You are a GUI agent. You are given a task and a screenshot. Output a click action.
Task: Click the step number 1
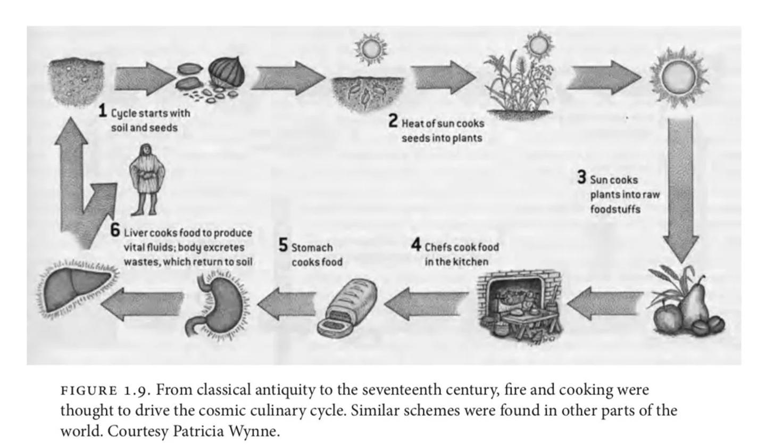tap(103, 111)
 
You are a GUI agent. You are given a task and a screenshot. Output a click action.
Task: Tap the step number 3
tap(582, 177)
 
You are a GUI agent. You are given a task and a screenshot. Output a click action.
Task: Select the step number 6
tap(115, 230)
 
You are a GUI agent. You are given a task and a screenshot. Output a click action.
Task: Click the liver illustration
tap(78, 288)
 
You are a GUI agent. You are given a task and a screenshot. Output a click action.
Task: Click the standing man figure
tap(146, 179)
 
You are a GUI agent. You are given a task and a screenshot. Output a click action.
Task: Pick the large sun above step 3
tap(678, 77)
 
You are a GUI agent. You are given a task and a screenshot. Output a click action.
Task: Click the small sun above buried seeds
tap(370, 49)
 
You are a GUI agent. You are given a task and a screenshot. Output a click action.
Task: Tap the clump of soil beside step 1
tap(77, 82)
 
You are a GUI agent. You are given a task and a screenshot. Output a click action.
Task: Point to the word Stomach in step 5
tap(312, 248)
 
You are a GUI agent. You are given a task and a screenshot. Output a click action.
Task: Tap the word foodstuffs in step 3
tap(615, 209)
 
